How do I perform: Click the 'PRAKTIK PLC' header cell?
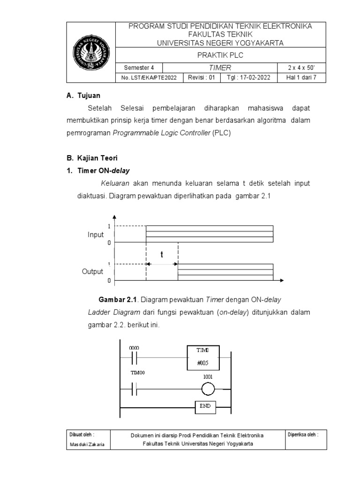tap(220, 55)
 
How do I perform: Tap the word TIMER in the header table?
tap(220, 67)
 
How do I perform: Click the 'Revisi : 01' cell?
tap(201, 78)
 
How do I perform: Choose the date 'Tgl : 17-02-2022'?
tap(248, 78)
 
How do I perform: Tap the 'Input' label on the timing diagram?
tap(96, 234)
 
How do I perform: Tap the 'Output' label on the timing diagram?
tap(93, 272)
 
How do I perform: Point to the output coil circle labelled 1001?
tap(208, 389)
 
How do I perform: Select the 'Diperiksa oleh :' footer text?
tap(302, 435)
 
